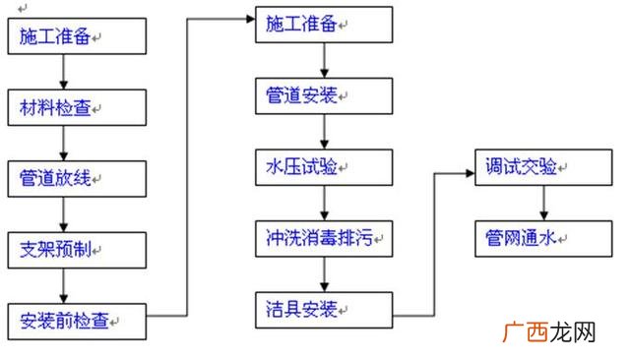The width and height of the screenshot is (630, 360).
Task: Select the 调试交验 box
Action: click(x=542, y=165)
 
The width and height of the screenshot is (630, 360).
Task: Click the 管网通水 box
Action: click(x=542, y=236)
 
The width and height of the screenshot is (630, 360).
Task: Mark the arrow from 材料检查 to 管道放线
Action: click(x=64, y=143)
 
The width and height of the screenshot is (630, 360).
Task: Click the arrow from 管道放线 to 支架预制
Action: click(x=64, y=213)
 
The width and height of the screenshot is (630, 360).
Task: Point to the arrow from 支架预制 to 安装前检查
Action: click(x=64, y=284)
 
